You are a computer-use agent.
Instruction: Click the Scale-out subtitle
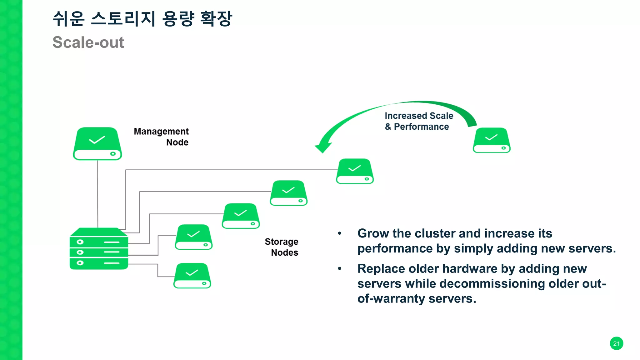(x=88, y=42)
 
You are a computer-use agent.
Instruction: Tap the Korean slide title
(x=142, y=19)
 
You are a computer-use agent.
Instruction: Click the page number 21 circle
(x=616, y=343)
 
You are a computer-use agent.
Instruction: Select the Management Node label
(x=161, y=137)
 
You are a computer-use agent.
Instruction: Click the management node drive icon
(x=97, y=144)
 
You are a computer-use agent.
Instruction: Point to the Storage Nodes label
(x=282, y=247)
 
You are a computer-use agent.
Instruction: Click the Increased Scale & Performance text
(x=419, y=121)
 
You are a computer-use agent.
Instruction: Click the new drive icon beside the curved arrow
(x=492, y=140)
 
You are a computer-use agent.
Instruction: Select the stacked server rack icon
(x=99, y=249)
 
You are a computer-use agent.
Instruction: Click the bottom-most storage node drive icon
(x=192, y=276)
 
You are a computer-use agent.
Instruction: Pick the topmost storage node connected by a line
(x=355, y=171)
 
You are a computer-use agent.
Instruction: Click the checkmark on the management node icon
(x=97, y=140)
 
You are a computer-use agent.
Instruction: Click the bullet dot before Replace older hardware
(x=339, y=269)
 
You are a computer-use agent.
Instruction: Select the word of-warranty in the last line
(x=391, y=299)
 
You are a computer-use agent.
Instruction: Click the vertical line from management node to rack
(x=97, y=194)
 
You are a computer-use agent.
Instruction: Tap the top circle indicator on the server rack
(x=80, y=242)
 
